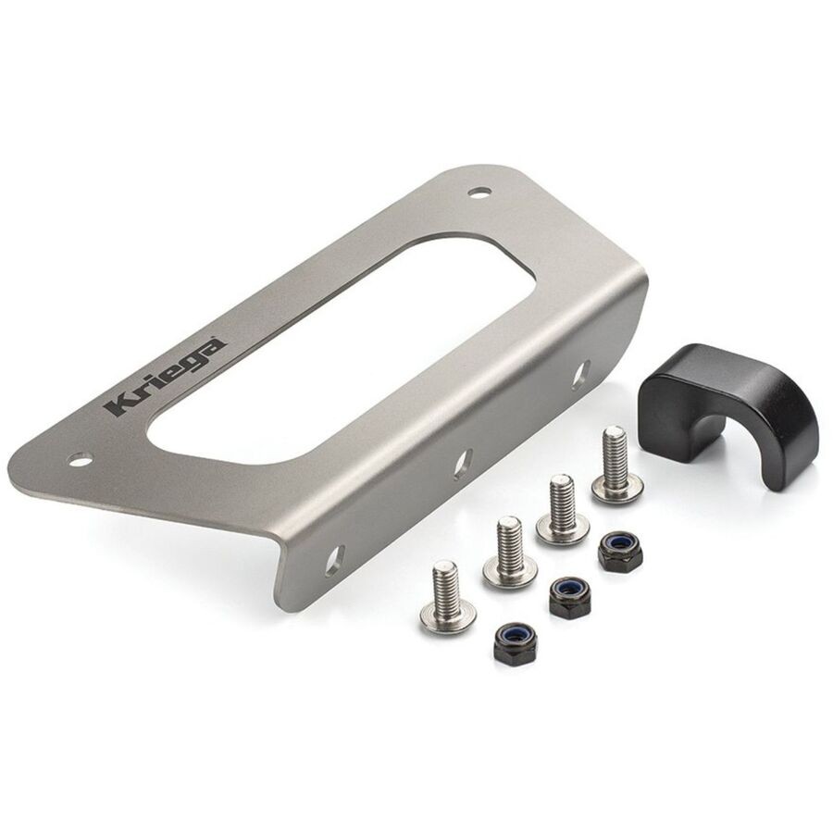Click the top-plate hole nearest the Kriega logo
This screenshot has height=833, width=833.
[81, 458]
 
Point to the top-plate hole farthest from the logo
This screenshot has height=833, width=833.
[479, 193]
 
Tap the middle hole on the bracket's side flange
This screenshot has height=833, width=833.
[464, 462]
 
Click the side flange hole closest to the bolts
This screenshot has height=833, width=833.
[334, 558]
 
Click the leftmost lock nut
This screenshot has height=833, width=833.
[509, 639]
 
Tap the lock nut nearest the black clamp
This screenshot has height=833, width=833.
[615, 553]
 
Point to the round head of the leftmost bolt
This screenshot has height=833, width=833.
[447, 615]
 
